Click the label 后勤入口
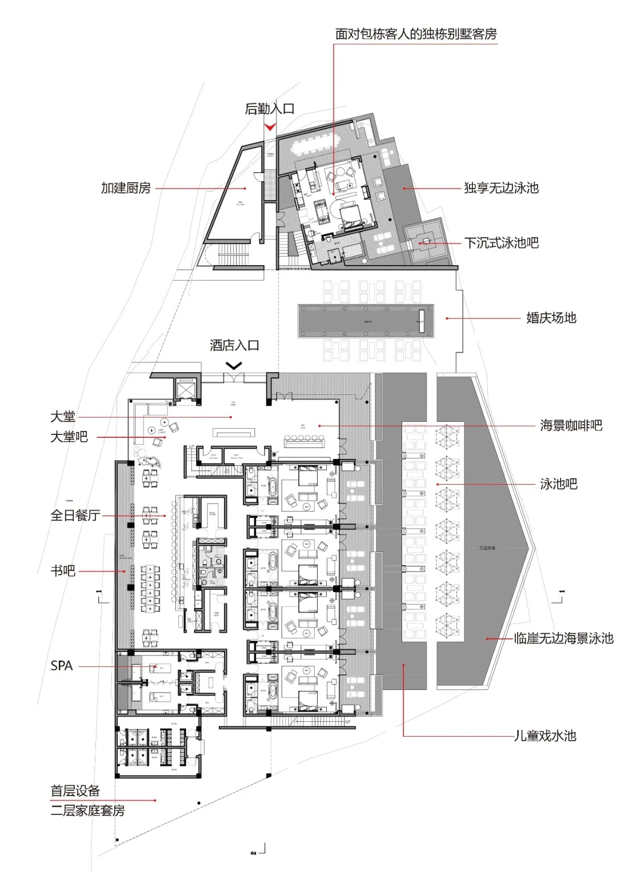pyautogui.click(x=270, y=109)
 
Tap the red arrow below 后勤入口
pyautogui.click(x=270, y=126)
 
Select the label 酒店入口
pyautogui.click(x=234, y=345)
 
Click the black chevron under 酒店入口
pyautogui.click(x=234, y=365)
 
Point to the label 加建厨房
pyautogui.click(x=126, y=188)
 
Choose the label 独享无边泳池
pyautogui.click(x=501, y=188)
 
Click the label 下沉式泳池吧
pyautogui.click(x=501, y=243)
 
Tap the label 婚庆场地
pyautogui.click(x=551, y=318)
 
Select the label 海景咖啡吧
pyautogui.click(x=571, y=425)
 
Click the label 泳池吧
pyautogui.click(x=559, y=484)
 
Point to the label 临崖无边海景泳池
pyautogui.click(x=563, y=638)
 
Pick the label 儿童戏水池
pyautogui.click(x=545, y=736)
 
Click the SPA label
pyautogui.click(x=62, y=666)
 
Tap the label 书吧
pyautogui.click(x=63, y=570)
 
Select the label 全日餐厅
pyautogui.click(x=75, y=516)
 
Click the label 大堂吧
pyautogui.click(x=69, y=437)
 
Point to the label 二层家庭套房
pyautogui.click(x=87, y=810)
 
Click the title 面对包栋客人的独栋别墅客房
pyautogui.click(x=416, y=34)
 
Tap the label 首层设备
pyautogui.click(x=75, y=791)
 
